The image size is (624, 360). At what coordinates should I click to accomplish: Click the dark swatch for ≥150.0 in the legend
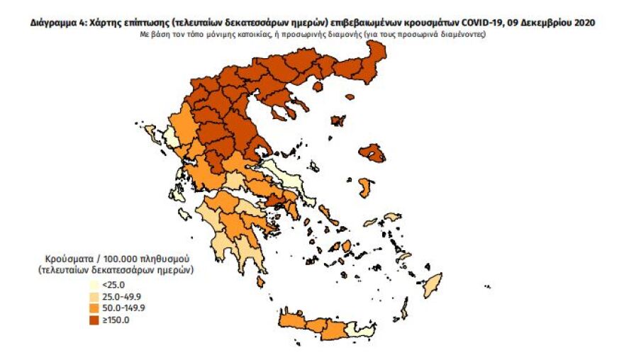click(x=94, y=320)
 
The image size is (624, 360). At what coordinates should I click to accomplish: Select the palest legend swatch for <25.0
click(x=94, y=286)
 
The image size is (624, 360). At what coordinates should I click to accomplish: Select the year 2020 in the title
click(x=583, y=23)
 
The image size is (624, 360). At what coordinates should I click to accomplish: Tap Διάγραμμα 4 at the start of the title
click(x=57, y=23)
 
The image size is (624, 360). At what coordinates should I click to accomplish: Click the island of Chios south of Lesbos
click(x=365, y=188)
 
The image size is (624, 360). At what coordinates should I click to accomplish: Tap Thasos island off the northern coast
click(x=318, y=86)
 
